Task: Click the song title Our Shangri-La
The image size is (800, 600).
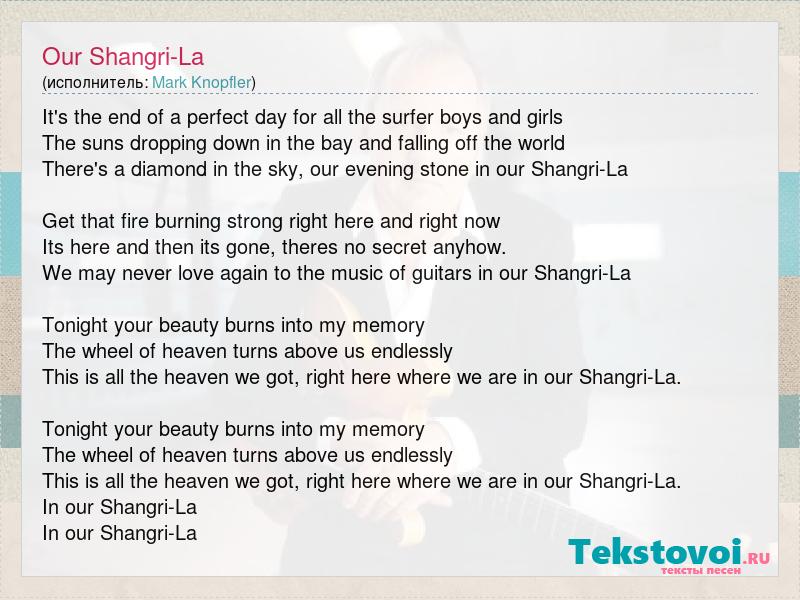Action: [123, 57]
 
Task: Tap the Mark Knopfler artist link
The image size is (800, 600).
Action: [202, 83]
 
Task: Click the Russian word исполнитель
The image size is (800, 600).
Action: [97, 83]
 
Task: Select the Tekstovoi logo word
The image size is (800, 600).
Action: [655, 552]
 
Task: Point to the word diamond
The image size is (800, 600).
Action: [168, 169]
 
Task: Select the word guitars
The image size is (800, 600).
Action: [441, 273]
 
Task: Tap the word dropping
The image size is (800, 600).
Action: [168, 143]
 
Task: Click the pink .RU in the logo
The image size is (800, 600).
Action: [757, 558]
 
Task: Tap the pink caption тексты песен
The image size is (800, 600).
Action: [701, 570]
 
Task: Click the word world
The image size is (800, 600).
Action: [541, 143]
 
